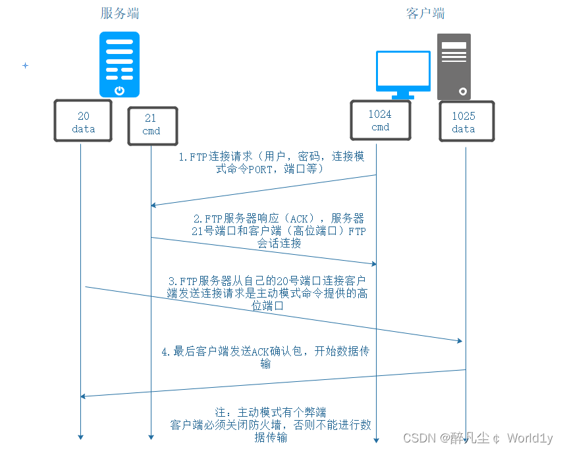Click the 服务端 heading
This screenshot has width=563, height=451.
(120, 14)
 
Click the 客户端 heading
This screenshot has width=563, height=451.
(425, 14)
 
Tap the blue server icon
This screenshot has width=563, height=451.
(120, 65)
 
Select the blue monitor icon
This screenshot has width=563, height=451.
(403, 73)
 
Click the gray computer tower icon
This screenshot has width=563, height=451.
(454, 66)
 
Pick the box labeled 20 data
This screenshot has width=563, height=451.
(84, 122)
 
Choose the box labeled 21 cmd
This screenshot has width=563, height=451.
(151, 124)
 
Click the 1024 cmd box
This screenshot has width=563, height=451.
(380, 120)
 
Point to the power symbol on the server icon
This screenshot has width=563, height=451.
(119, 90)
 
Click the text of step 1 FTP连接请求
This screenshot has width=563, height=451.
(271, 163)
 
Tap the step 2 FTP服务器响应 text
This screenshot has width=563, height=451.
(279, 230)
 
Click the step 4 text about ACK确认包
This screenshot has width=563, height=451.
(265, 357)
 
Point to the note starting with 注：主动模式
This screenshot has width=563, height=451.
(271, 425)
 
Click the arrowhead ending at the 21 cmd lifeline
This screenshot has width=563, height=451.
(154, 205)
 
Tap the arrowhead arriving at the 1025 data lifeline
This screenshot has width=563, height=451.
(460, 340)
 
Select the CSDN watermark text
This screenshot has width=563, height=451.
(477, 438)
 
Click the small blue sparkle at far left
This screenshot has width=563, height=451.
(26, 66)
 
